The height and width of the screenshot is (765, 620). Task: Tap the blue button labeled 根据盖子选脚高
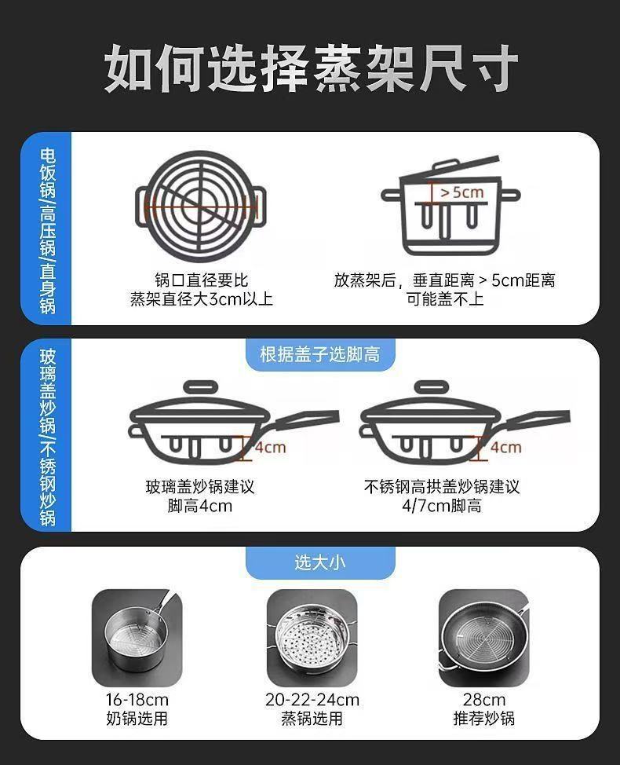pyautogui.click(x=319, y=354)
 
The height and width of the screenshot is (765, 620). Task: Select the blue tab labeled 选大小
pyautogui.click(x=319, y=562)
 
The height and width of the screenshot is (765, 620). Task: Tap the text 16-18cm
pyautogui.click(x=137, y=700)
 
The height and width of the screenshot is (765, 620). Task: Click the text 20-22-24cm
pyautogui.click(x=312, y=700)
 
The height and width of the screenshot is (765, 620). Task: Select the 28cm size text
pyautogui.click(x=483, y=700)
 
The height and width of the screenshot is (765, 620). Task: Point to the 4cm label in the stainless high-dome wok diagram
pyautogui.click(x=505, y=448)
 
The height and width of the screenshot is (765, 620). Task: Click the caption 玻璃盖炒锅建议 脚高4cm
pyautogui.click(x=199, y=496)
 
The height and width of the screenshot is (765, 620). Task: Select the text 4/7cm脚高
pyautogui.click(x=441, y=506)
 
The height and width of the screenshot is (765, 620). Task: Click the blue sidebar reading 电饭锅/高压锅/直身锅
pyautogui.click(x=47, y=229)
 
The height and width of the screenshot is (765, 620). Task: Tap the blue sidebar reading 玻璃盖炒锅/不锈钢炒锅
pyautogui.click(x=47, y=436)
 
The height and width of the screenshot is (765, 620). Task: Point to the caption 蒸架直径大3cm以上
pyautogui.click(x=201, y=299)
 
